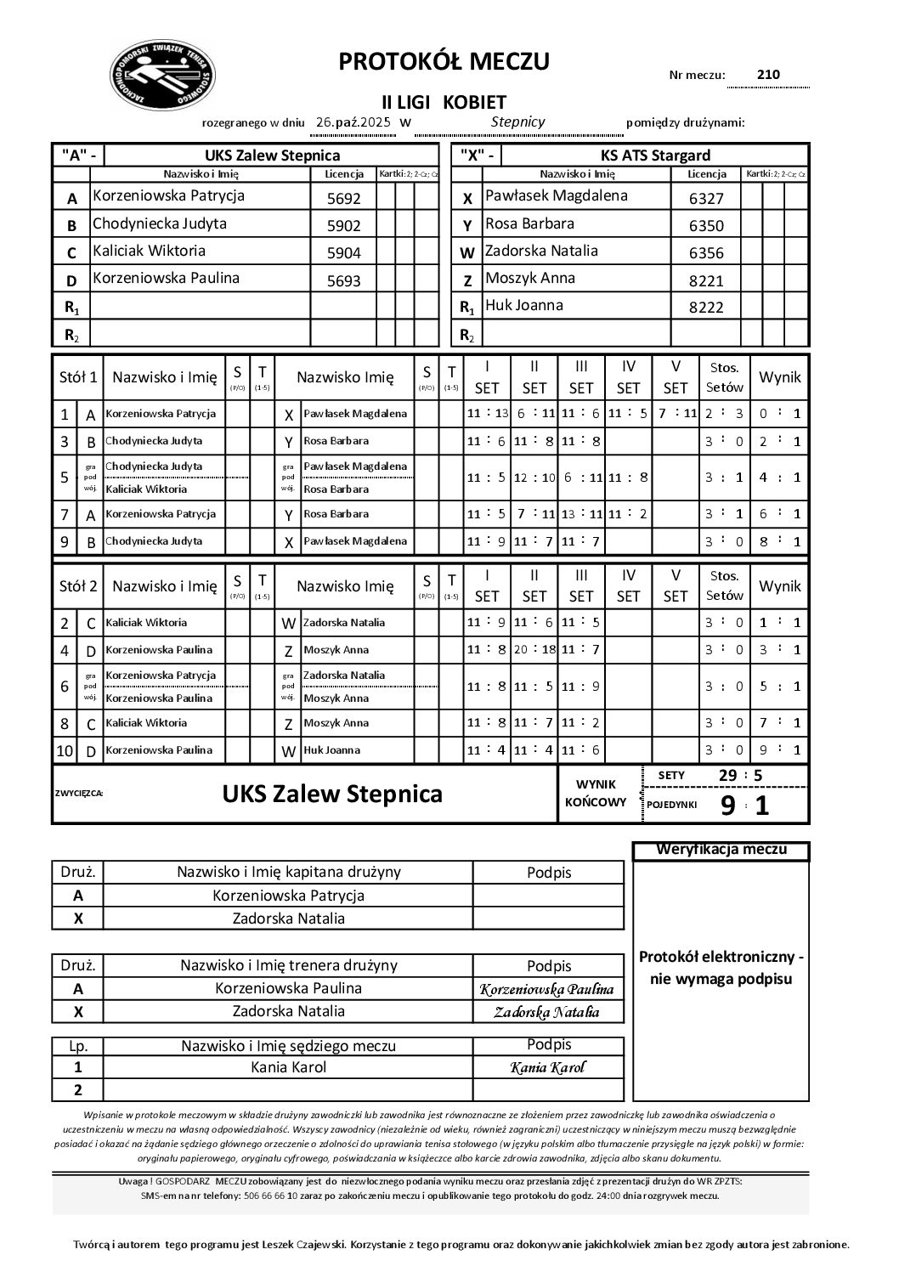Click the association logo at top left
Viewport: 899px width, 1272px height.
pos(163,77)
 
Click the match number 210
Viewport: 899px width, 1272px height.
pos(767,75)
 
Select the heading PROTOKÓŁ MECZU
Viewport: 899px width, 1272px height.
pos(444,61)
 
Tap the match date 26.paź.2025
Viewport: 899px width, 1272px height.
pos(353,122)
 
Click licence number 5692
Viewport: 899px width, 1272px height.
pos(343,199)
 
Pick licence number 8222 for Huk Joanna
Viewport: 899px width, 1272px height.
pos(705,308)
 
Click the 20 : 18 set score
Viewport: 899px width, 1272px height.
pos(534,650)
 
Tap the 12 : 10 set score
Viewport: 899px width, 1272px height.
pos(534,478)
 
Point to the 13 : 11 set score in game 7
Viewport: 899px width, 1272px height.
pos(580,514)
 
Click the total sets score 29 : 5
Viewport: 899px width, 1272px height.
pos(740,776)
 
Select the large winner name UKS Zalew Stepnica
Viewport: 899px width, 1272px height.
pos(332,794)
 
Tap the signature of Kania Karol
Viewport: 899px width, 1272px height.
pos(548,1068)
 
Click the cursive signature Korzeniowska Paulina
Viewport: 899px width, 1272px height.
pos(547,989)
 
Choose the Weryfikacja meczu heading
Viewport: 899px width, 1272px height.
pos(721,850)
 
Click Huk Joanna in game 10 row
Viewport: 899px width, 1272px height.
pos(331,750)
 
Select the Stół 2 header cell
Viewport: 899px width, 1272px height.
pos(77,586)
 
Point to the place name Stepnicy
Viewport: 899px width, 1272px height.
pos(517,122)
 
